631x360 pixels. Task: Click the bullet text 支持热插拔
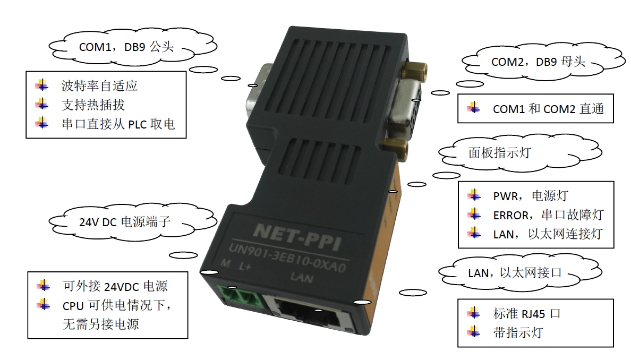point(93,104)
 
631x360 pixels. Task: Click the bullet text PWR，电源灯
point(531,195)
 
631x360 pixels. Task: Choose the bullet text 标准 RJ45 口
point(526,313)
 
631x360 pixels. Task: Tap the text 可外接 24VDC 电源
point(115,286)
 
